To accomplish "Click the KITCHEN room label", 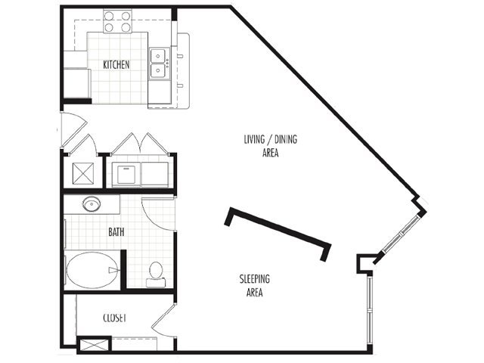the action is point(116,65).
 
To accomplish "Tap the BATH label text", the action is point(116,232).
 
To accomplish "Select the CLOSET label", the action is point(114,318).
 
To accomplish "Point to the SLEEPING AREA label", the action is point(255,286).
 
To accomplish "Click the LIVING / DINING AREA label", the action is point(271,146).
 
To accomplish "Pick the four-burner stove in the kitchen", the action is point(117,21).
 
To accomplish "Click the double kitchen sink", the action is point(160,64).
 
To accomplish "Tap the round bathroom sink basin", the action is point(92,204).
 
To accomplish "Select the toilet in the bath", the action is point(156,275).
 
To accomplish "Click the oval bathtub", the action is point(92,271).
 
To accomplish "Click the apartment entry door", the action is point(73,129).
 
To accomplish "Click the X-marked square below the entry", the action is point(83,173).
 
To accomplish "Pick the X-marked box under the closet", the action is point(94,345).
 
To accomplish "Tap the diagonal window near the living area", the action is point(401,234).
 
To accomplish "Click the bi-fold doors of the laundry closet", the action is point(141,144).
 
